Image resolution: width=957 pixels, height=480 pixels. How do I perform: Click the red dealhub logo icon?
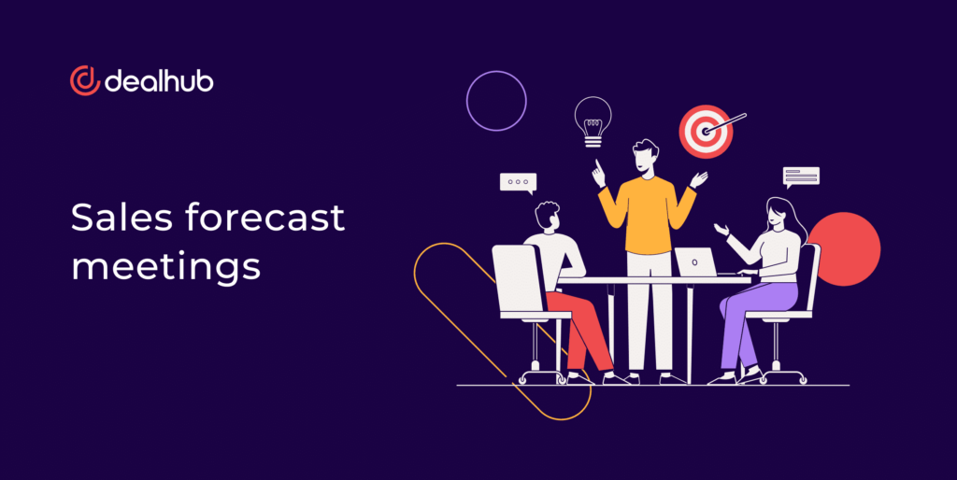pos(84,80)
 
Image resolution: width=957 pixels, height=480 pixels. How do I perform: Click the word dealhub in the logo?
pos(159,80)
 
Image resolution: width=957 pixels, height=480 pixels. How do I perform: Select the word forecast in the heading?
pos(264,218)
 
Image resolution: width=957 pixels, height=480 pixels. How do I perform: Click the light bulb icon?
pos(593,121)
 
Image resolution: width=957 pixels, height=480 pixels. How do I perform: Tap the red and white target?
pos(707,132)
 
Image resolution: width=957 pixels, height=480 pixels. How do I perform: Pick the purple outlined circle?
pos(496,71)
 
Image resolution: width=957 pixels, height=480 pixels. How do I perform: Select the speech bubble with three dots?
pos(518,182)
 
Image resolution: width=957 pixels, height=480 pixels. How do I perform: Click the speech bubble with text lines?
pos(801,176)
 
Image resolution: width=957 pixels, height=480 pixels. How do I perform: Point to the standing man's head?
pos(645,156)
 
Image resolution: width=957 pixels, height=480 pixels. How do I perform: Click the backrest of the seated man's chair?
pos(518,278)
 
